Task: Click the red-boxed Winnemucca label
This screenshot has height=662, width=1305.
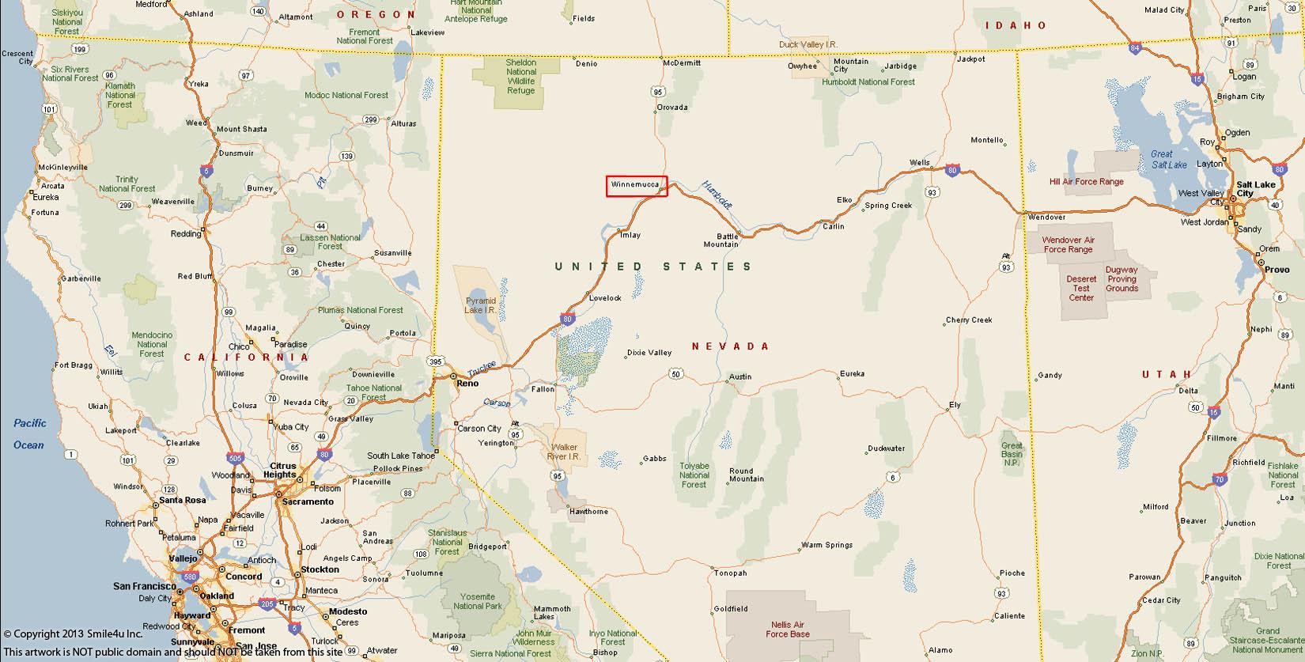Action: click(x=637, y=186)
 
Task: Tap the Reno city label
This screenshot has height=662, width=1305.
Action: click(x=467, y=384)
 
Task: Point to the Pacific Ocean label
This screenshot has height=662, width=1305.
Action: click(x=30, y=433)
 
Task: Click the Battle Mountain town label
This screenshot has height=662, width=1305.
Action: click(x=721, y=240)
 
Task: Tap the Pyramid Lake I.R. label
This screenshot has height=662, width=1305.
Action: click(x=480, y=305)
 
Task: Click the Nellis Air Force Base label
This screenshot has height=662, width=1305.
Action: click(x=787, y=630)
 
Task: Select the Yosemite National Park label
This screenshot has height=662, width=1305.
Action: click(x=478, y=601)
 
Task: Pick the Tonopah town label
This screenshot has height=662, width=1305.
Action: click(x=729, y=573)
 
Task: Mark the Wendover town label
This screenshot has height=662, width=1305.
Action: click(x=1046, y=217)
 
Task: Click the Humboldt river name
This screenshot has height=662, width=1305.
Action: click(x=717, y=195)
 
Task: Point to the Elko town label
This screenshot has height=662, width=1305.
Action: click(x=845, y=200)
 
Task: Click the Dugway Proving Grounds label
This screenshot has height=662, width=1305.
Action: click(x=1122, y=279)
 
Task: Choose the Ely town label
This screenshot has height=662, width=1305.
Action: click(x=955, y=405)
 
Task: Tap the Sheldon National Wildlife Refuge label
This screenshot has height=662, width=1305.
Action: click(x=521, y=77)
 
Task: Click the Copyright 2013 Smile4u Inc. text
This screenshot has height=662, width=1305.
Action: click(x=73, y=634)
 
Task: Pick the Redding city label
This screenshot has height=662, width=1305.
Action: click(x=186, y=234)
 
